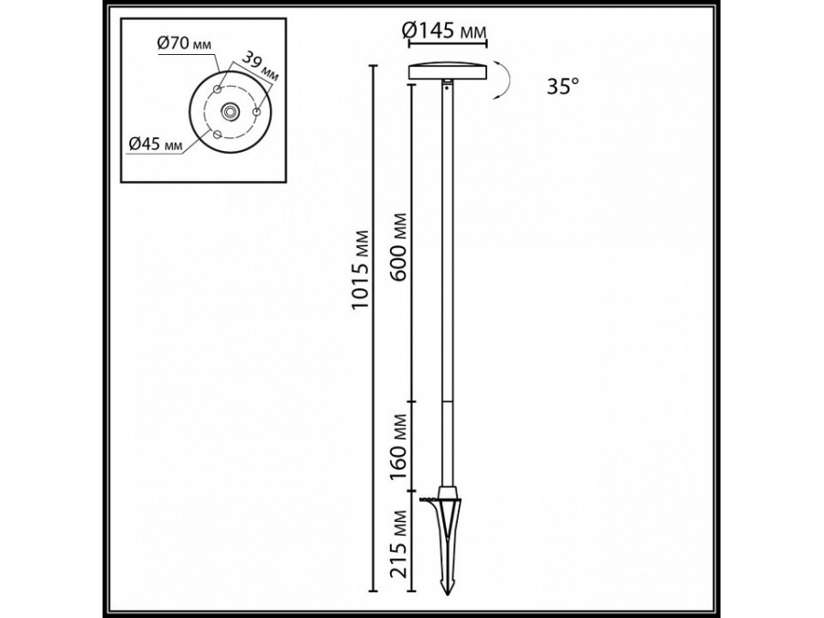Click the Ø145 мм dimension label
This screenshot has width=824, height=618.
pyautogui.click(x=445, y=33)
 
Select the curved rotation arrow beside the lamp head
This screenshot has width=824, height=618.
pyautogui.click(x=503, y=80)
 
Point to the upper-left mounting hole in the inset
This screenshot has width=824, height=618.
pyautogui.click(x=217, y=89)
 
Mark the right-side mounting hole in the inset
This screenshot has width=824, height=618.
pyautogui.click(x=257, y=111)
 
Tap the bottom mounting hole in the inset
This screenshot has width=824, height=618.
pyautogui.click(x=216, y=134)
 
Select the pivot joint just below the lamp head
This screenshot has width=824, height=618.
pyautogui.click(x=447, y=84)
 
